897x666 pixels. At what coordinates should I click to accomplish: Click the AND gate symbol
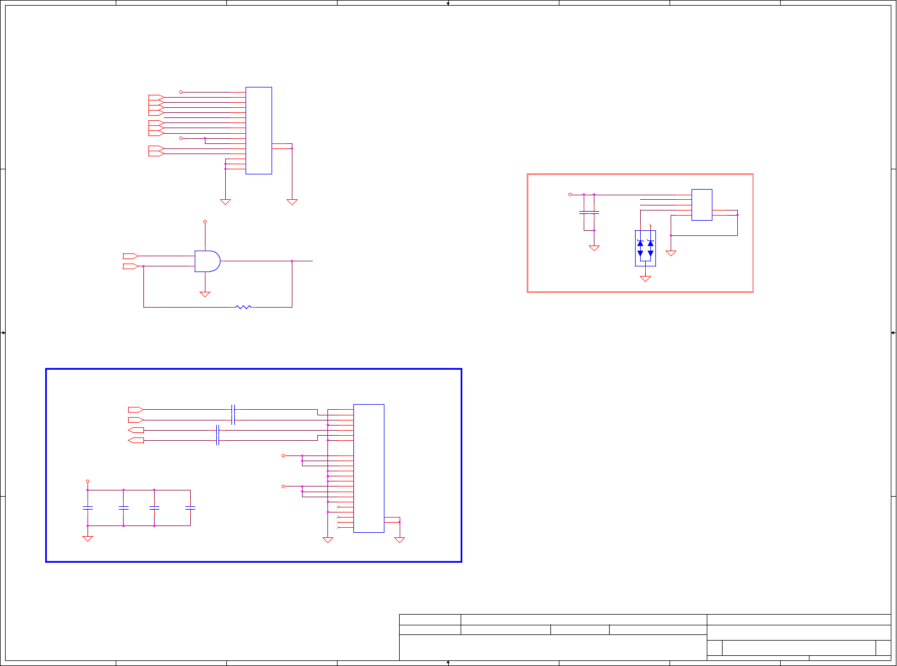pyautogui.click(x=207, y=261)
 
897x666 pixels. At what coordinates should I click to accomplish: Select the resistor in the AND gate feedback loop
pyautogui.click(x=243, y=307)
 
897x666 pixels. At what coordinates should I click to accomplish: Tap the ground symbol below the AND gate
pyautogui.click(x=205, y=294)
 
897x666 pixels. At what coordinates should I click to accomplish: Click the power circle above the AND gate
pyautogui.click(x=205, y=222)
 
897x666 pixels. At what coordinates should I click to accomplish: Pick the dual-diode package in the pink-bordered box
pyautogui.click(x=645, y=248)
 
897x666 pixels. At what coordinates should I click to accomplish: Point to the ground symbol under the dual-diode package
pyautogui.click(x=645, y=278)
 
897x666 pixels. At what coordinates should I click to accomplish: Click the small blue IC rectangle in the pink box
pyautogui.click(x=702, y=204)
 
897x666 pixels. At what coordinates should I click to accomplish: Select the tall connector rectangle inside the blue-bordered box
pyautogui.click(x=369, y=468)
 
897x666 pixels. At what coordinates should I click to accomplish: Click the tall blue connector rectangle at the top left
pyautogui.click(x=259, y=130)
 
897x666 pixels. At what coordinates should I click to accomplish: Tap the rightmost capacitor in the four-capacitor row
pyautogui.click(x=190, y=508)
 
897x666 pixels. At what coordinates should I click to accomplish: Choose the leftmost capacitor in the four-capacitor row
pyautogui.click(x=87, y=508)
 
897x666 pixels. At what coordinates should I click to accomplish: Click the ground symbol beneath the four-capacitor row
pyautogui.click(x=87, y=538)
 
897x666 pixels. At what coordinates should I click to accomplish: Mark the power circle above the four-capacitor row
pyautogui.click(x=87, y=481)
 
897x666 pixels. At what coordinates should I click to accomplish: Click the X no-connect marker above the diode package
pyautogui.click(x=650, y=226)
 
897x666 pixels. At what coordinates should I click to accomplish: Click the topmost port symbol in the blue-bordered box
pyautogui.click(x=135, y=409)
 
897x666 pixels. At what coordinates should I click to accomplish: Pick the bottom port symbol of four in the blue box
pyautogui.click(x=136, y=440)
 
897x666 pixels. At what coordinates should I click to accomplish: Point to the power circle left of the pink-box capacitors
pyautogui.click(x=570, y=195)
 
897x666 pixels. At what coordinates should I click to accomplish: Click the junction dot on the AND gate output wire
pyautogui.click(x=292, y=261)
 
